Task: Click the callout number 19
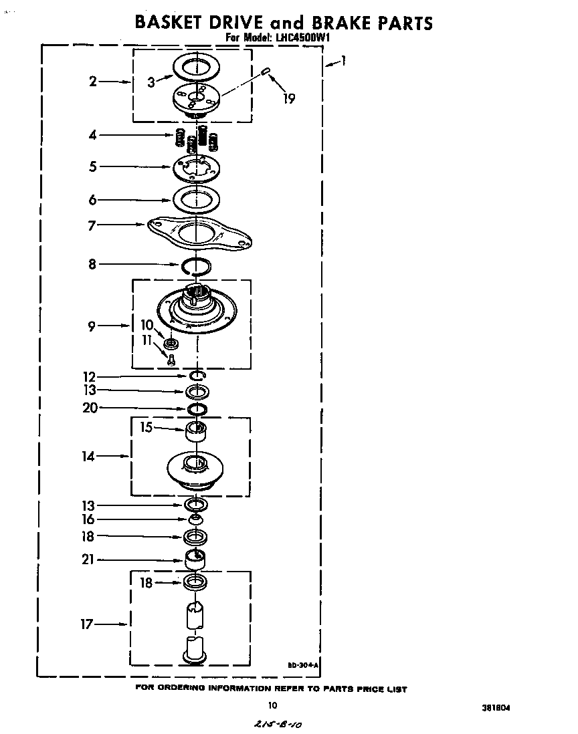click(288, 99)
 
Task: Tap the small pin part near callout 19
click(266, 71)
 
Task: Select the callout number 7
click(92, 226)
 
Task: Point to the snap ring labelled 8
click(196, 266)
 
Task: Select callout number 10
click(147, 325)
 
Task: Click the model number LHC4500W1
click(302, 38)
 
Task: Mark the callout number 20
click(90, 408)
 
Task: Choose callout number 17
click(87, 625)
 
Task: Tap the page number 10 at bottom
click(272, 705)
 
